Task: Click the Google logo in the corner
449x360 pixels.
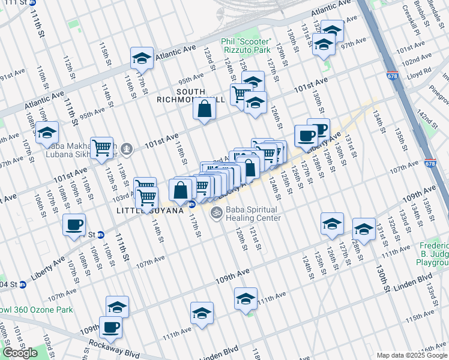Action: click(x=20, y=353)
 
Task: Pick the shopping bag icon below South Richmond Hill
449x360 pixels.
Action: click(x=205, y=110)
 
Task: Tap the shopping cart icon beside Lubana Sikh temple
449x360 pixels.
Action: click(x=102, y=147)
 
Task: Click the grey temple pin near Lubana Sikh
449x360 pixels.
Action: click(x=127, y=148)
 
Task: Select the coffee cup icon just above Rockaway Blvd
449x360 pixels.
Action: click(x=110, y=327)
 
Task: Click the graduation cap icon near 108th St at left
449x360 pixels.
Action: click(x=46, y=133)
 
